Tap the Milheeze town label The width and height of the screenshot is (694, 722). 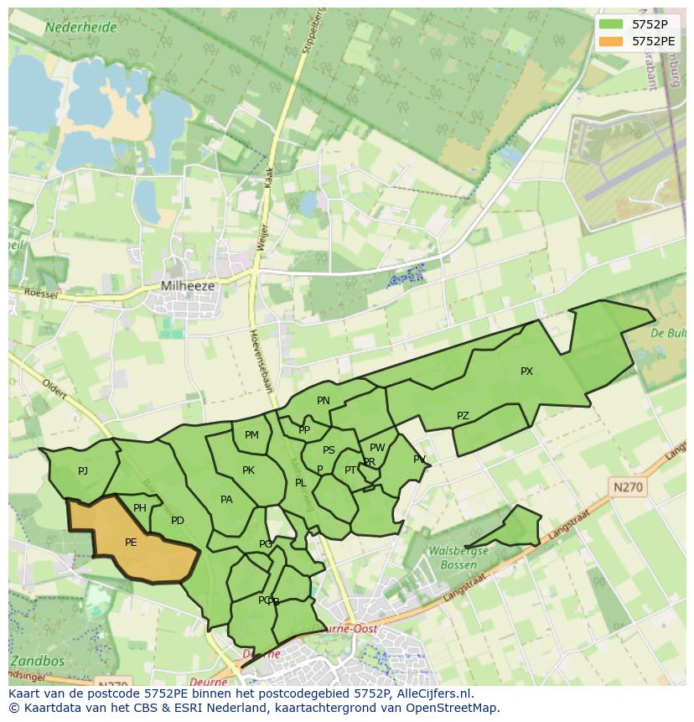tap(188, 286)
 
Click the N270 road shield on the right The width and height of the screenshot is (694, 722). tap(629, 486)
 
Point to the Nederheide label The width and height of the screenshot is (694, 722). tap(80, 27)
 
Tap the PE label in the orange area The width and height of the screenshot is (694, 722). tap(131, 543)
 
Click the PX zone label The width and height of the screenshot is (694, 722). tap(526, 371)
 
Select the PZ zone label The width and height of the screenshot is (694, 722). tap(463, 416)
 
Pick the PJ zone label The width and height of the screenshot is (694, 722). tap(83, 471)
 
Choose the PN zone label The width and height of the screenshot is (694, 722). tap(324, 401)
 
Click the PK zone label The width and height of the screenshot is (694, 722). tap(248, 470)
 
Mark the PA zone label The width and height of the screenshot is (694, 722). tap(226, 500)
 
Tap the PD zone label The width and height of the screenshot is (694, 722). tap(178, 521)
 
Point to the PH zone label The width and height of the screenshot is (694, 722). tap(140, 508)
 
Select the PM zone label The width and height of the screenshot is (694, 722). tap(251, 435)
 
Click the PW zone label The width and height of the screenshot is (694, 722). tap(377, 448)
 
